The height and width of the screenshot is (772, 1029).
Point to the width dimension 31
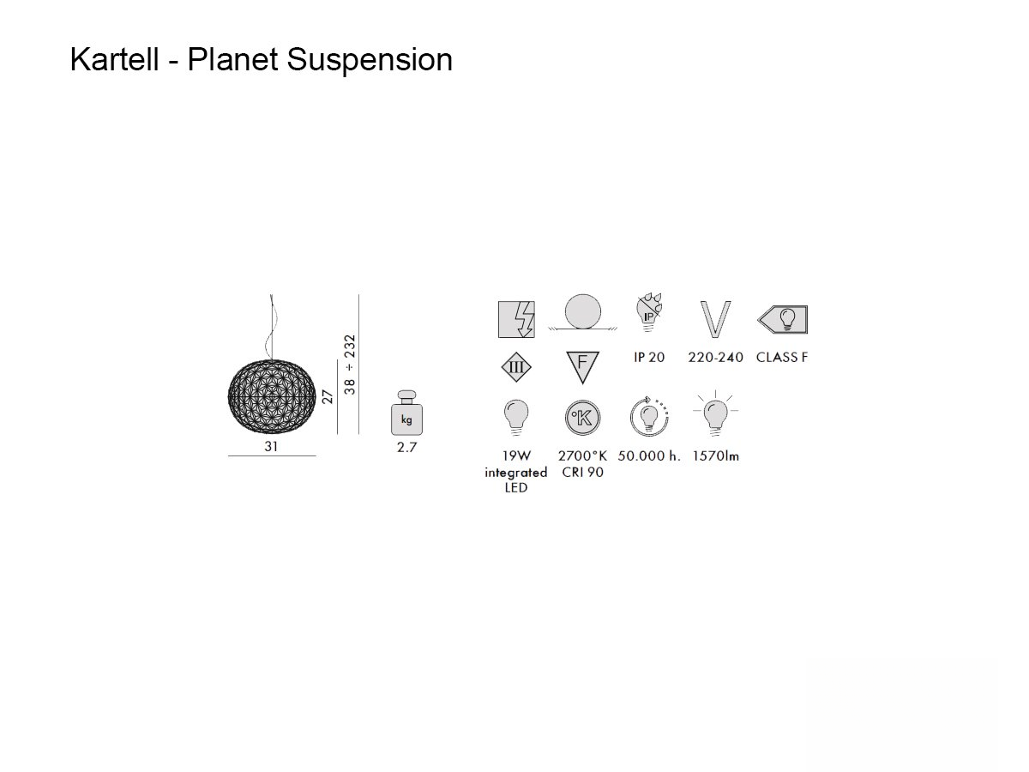pos(272,447)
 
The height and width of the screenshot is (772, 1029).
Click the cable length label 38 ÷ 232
pos(349,365)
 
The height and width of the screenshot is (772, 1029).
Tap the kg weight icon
pos(406,414)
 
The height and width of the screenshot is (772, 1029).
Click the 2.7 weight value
pos(406,448)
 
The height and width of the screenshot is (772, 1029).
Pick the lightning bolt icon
pos(517,320)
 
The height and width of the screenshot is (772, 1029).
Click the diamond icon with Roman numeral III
pos(516,367)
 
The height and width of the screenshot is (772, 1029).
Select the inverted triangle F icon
pos(582,365)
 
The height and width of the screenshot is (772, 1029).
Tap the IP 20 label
pos(649,357)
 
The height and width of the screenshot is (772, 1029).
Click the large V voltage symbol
pos(715,320)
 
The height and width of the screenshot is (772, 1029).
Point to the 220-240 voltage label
pos(715,357)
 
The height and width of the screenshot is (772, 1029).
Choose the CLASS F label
pos(781,357)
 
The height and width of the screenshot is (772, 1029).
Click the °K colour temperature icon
pos(583,418)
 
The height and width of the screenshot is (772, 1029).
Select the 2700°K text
pos(582,456)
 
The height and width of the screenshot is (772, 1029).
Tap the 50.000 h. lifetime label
pos(649,456)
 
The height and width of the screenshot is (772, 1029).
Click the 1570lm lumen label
pos(715,456)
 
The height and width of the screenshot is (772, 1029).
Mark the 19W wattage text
pos(516,456)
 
